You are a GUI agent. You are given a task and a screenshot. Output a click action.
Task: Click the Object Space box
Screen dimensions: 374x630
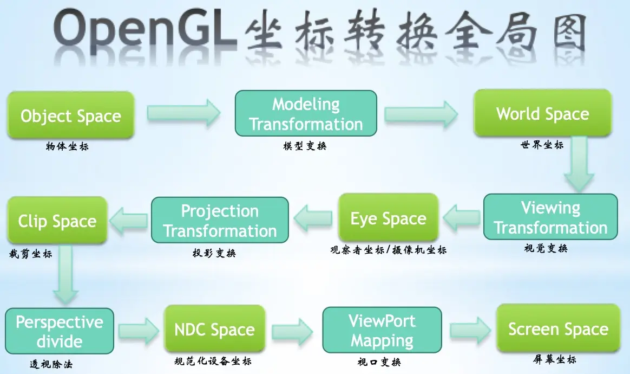(x=70, y=115)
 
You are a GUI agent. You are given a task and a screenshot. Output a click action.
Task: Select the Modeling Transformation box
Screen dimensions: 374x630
(x=306, y=113)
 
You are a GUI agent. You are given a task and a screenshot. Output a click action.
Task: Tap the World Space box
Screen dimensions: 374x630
(x=543, y=113)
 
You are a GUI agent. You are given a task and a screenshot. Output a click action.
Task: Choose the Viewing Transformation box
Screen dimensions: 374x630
(x=550, y=217)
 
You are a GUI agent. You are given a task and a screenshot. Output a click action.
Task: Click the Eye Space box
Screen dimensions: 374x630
(x=388, y=218)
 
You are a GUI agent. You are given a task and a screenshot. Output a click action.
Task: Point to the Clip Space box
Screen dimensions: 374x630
(x=57, y=221)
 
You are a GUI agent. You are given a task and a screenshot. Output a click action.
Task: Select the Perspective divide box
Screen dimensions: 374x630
(x=60, y=331)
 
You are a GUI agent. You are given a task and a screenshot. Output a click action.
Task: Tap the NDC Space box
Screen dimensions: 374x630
(x=214, y=330)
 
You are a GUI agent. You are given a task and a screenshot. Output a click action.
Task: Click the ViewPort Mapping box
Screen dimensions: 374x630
(x=382, y=330)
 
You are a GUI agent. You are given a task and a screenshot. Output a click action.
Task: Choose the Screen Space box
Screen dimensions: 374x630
(x=558, y=328)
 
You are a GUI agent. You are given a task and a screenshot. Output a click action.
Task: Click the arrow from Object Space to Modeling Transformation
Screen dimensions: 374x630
(x=184, y=113)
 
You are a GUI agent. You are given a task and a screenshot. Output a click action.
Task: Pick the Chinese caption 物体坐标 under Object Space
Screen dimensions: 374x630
(x=67, y=146)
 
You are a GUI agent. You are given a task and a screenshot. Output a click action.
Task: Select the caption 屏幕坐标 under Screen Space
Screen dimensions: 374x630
(x=555, y=359)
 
